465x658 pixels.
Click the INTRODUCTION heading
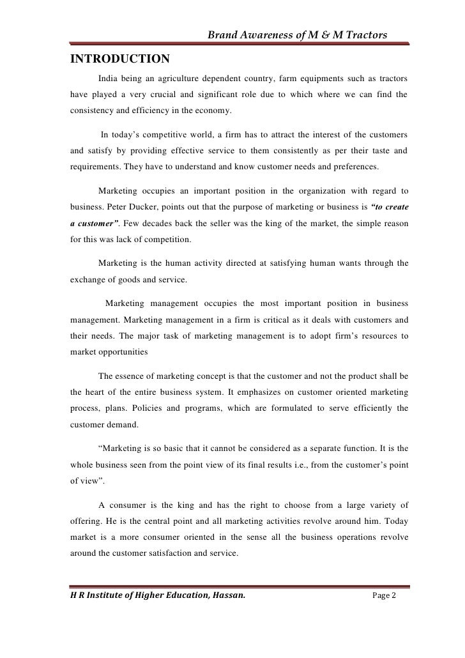(119, 60)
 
